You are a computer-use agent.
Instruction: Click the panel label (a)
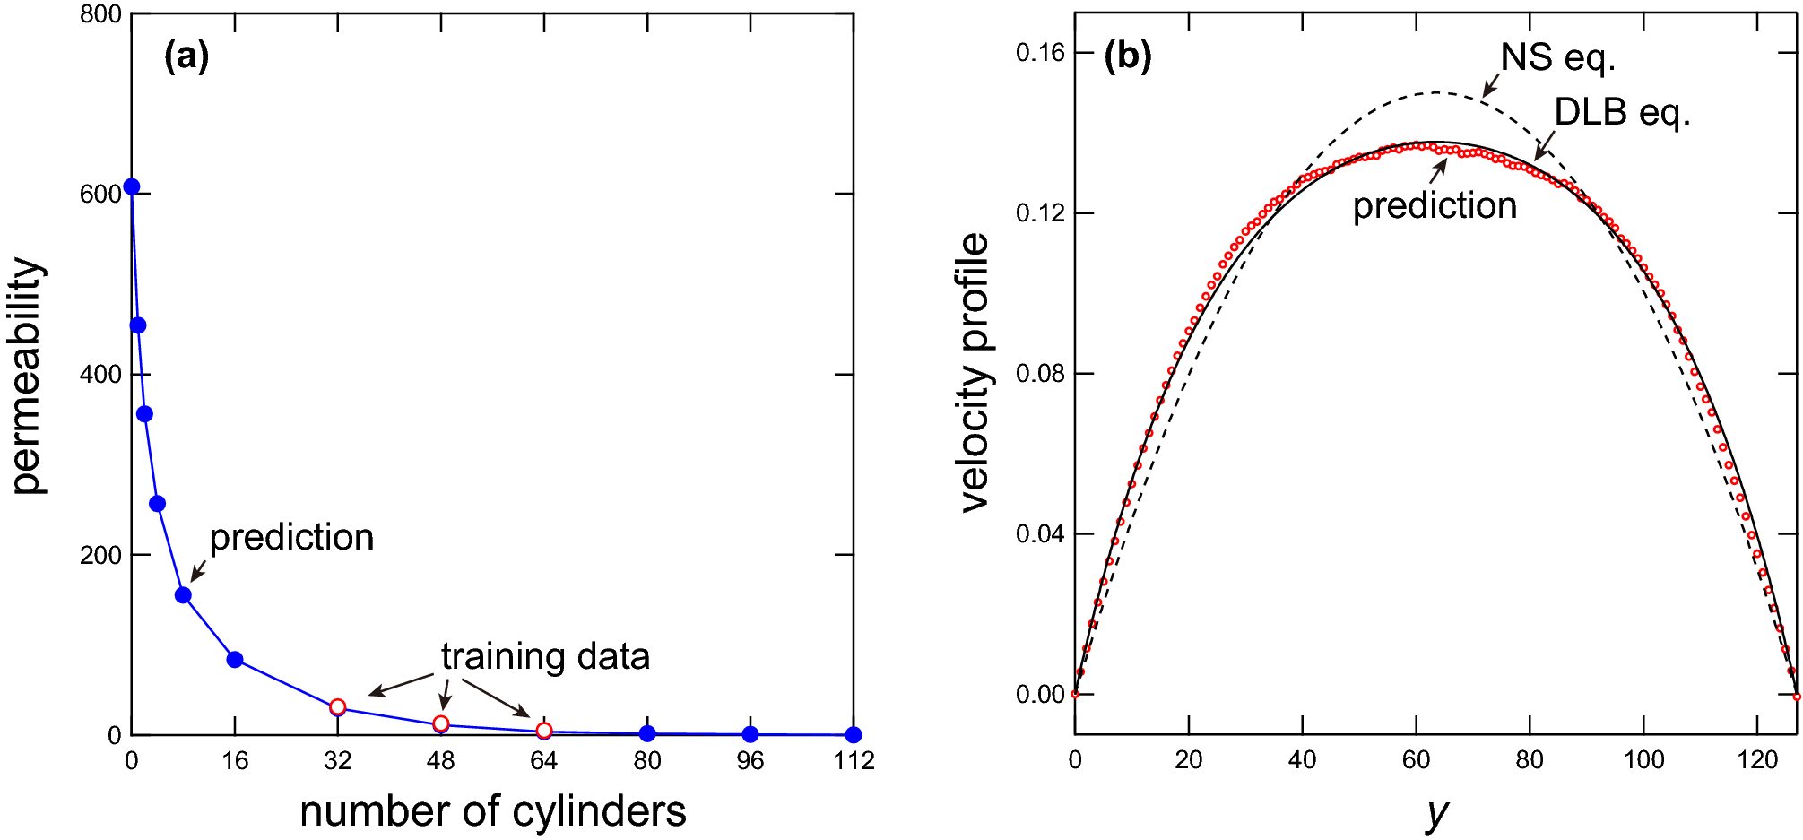(186, 57)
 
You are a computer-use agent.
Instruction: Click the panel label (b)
(1127, 57)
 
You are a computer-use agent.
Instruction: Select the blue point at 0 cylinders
(132, 186)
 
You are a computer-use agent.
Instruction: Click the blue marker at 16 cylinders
(235, 660)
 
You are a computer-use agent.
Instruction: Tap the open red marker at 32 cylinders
(338, 707)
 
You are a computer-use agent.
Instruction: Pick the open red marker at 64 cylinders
(544, 731)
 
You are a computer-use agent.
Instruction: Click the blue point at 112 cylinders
(854, 735)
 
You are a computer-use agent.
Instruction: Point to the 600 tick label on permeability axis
(100, 195)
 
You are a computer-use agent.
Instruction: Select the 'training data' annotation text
(545, 657)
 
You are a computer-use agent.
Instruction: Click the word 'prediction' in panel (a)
(291, 538)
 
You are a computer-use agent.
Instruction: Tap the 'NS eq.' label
(1557, 58)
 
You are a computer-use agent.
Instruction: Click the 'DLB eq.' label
(1621, 113)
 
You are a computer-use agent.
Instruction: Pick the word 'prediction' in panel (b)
(1435, 206)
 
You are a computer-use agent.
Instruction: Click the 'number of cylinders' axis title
(493, 811)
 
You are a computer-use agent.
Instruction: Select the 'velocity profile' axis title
(975, 372)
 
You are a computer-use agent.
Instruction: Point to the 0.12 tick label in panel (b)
(1040, 213)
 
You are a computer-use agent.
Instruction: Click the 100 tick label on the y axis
(1643, 761)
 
